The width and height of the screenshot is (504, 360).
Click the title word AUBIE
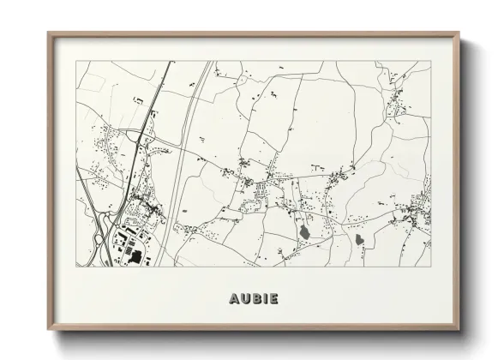254,299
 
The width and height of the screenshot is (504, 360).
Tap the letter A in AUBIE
235,299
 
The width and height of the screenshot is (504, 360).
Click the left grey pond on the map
303,231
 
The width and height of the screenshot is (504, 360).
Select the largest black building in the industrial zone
135,255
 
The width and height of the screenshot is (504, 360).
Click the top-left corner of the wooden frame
49,33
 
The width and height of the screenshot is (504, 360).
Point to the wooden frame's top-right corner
459,33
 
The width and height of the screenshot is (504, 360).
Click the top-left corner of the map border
76,61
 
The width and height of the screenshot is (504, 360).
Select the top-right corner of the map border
430,61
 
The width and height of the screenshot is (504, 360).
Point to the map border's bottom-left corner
76,266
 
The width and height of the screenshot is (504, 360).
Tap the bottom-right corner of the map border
430,266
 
